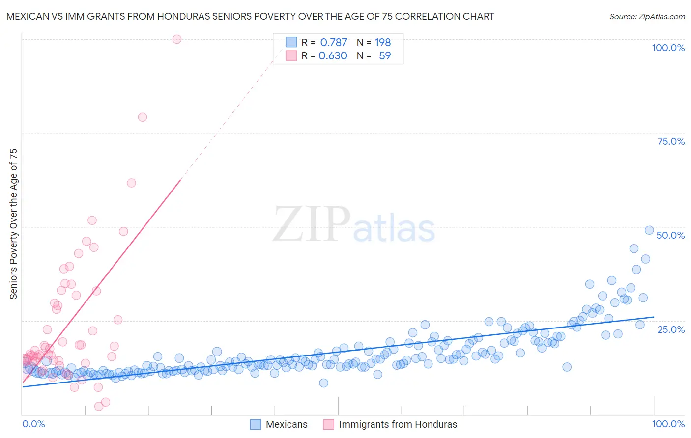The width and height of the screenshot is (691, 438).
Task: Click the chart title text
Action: pyautogui.click(x=250, y=16)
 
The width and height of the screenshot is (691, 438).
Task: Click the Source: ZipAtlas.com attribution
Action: pyautogui.click(x=647, y=16)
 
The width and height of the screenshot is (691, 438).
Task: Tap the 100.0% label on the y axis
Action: pyautogui.click(x=668, y=48)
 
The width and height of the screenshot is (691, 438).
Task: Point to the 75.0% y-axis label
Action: pyautogui.click(x=671, y=141)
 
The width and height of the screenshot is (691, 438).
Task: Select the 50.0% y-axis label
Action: pyautogui.click(x=670, y=235)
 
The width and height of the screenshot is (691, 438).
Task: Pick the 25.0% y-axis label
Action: pyautogui.click(x=671, y=329)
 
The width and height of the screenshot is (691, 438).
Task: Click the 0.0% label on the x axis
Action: pyautogui.click(x=33, y=424)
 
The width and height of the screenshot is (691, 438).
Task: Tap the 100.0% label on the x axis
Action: pyautogui.click(x=668, y=424)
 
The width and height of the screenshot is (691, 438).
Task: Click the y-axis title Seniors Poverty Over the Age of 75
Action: pyautogui.click(x=14, y=223)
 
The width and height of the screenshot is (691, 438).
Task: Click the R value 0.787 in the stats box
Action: pyautogui.click(x=334, y=42)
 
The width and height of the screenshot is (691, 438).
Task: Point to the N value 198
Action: pyautogui.click(x=382, y=42)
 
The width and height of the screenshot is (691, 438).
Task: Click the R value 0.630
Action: pyautogui.click(x=333, y=55)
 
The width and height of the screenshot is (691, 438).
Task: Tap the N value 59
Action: pyautogui.click(x=385, y=55)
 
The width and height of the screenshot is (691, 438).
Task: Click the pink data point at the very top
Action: pyautogui.click(x=177, y=39)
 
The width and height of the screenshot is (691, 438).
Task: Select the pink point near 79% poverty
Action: pyautogui.click(x=143, y=117)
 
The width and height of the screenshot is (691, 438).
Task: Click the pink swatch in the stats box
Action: pyautogui.click(x=291, y=55)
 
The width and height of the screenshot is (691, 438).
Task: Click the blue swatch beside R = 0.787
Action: pyautogui.click(x=291, y=42)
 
